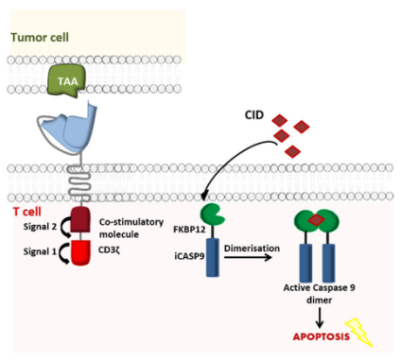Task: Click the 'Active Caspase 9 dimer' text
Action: (x=318, y=293)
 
